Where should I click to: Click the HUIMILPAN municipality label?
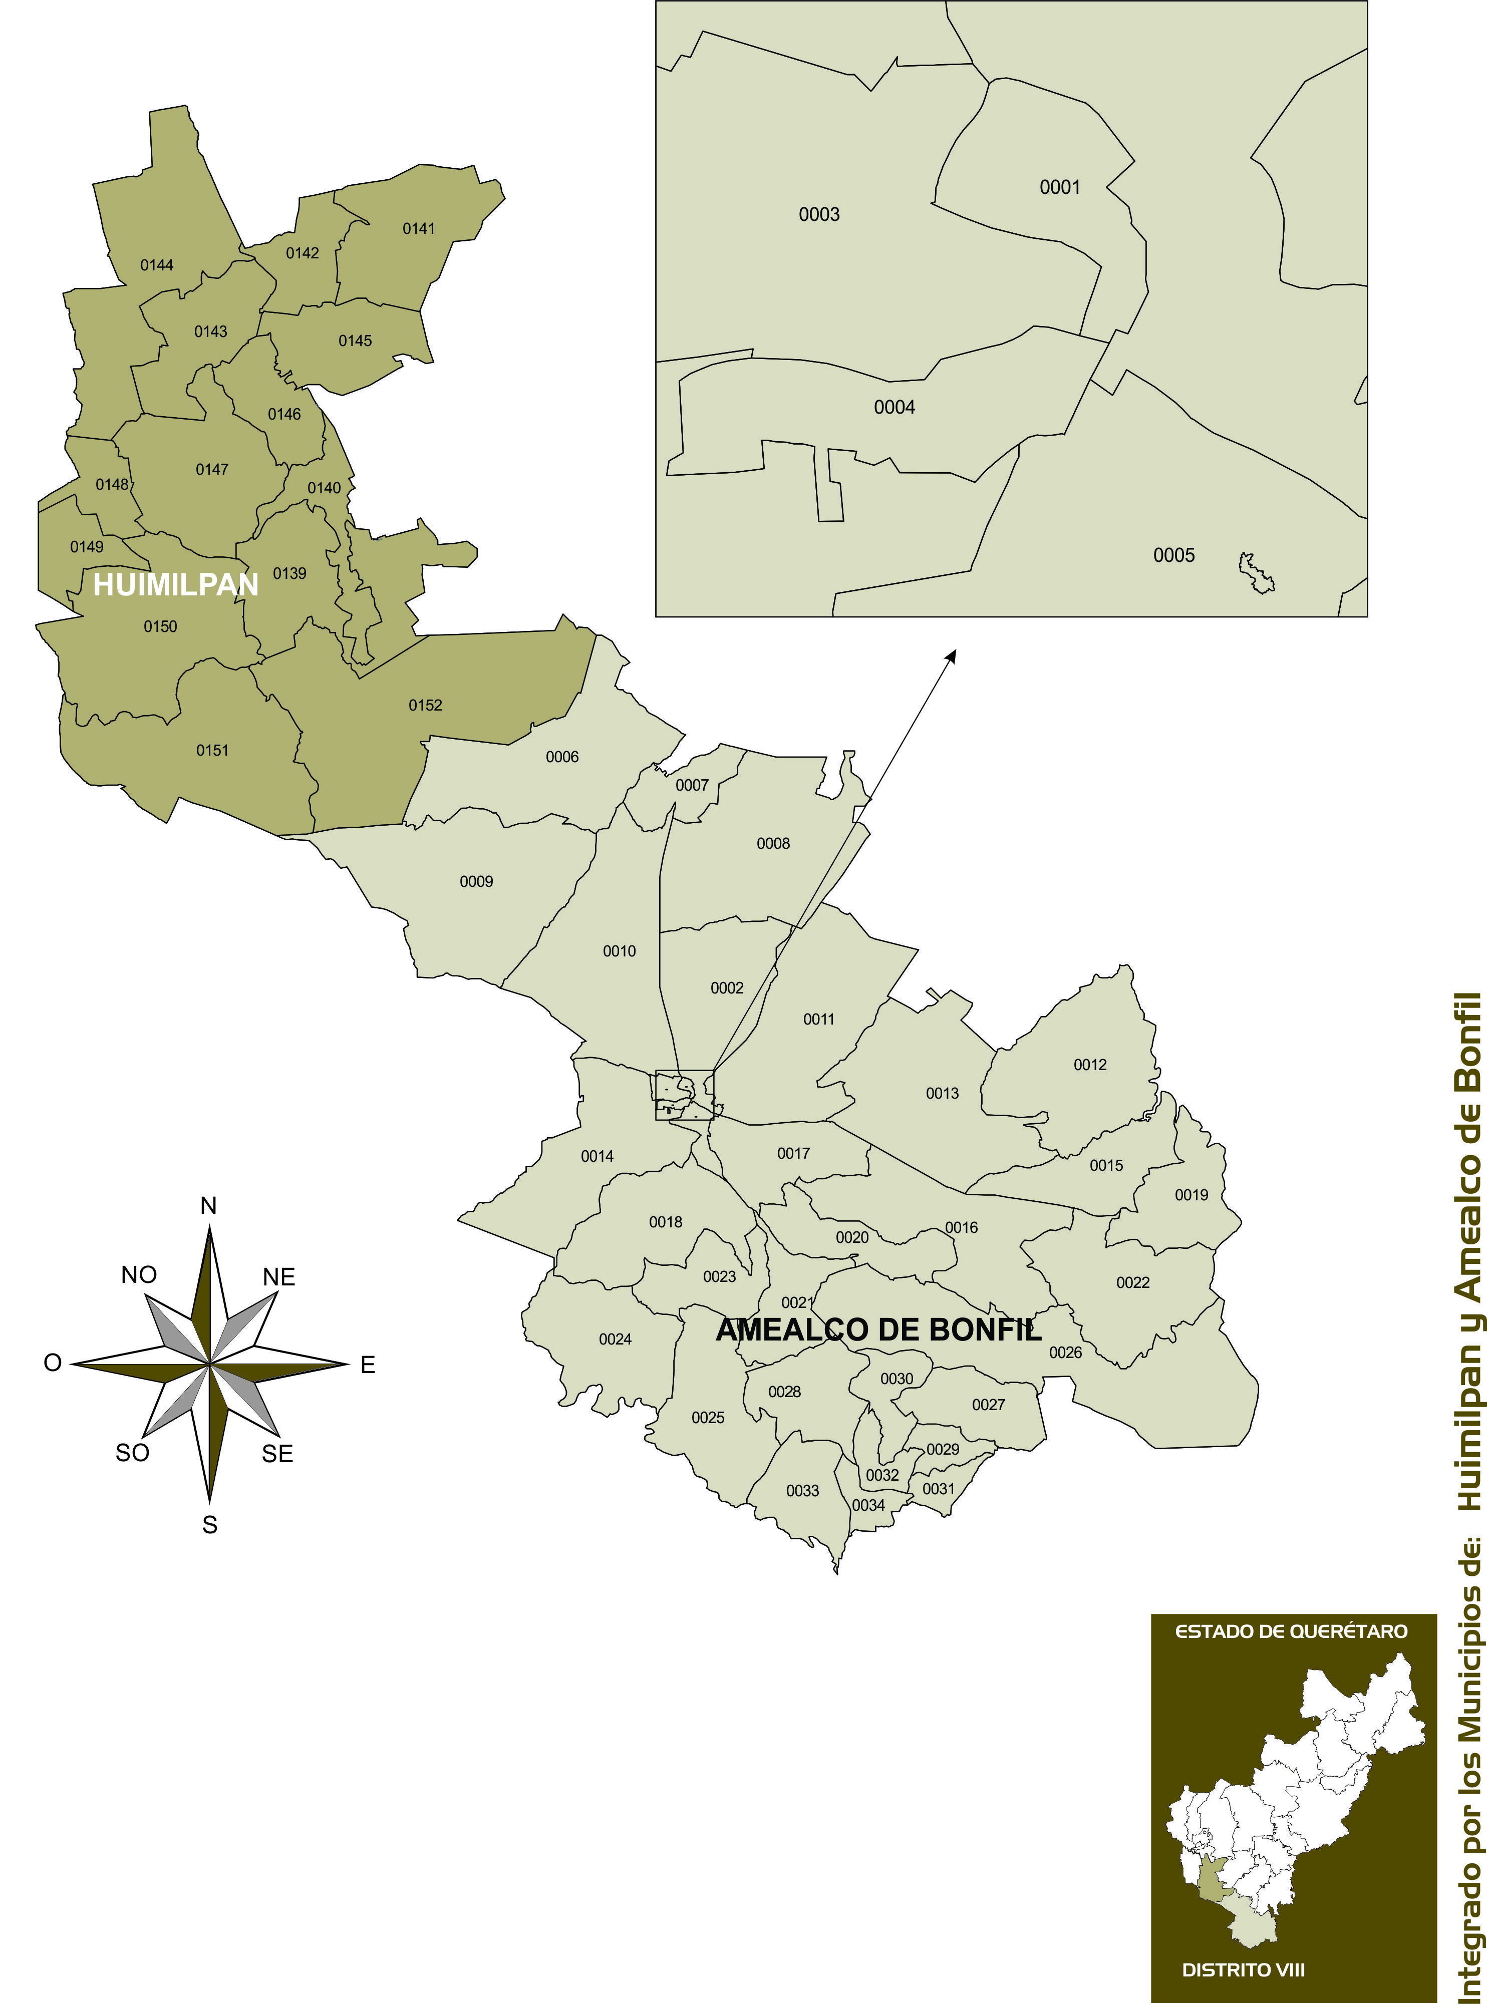click(175, 585)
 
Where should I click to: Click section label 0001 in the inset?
click(1059, 187)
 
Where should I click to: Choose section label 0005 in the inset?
click(1174, 555)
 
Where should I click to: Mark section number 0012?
click(1089, 1065)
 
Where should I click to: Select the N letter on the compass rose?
click(209, 1206)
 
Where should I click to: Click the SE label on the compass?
click(277, 1454)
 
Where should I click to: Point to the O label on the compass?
click(52, 1363)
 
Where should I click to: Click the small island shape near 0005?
click(1256, 573)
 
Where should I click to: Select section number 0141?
click(419, 228)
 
